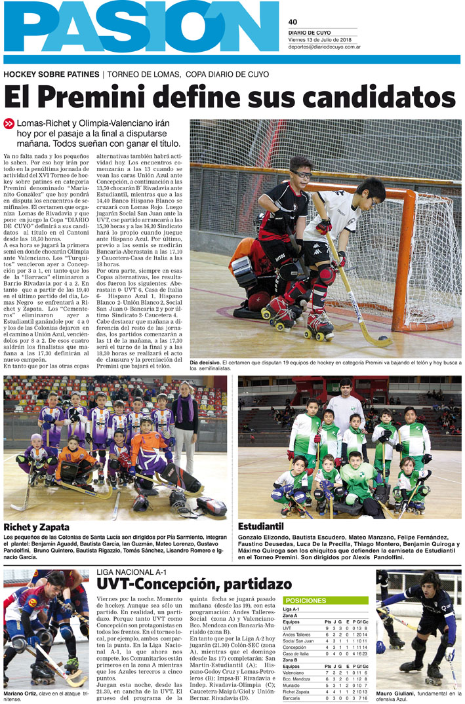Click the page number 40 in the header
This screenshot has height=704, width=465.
[x=293, y=22]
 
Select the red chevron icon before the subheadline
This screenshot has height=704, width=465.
[x=9, y=123]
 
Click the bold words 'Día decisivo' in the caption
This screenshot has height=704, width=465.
[x=205, y=362]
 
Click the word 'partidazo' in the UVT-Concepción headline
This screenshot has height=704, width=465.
[x=256, y=583]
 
